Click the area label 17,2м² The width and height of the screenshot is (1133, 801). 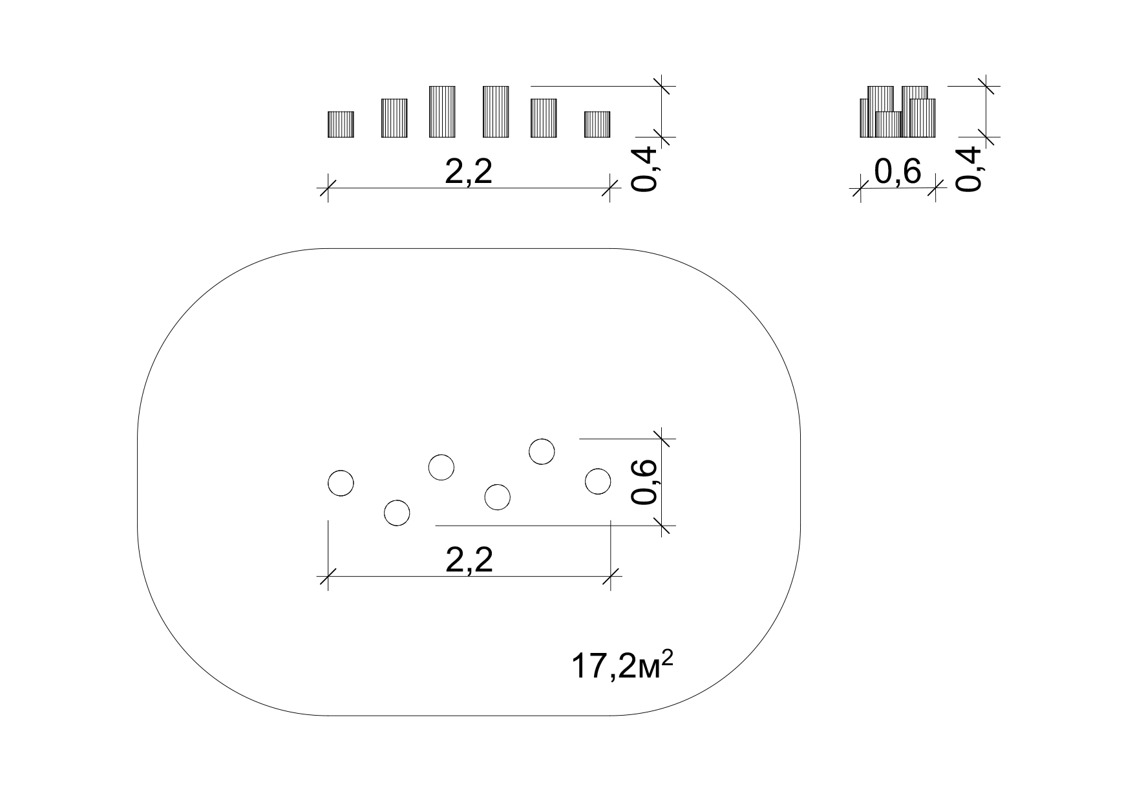[x=622, y=665]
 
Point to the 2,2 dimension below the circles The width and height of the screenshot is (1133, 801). [x=469, y=560]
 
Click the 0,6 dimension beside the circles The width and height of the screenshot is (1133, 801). [x=644, y=482]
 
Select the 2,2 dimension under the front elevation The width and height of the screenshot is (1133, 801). [x=469, y=172]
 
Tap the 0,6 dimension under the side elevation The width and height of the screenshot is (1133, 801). [x=898, y=172]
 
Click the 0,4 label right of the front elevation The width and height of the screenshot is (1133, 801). [x=644, y=169]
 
